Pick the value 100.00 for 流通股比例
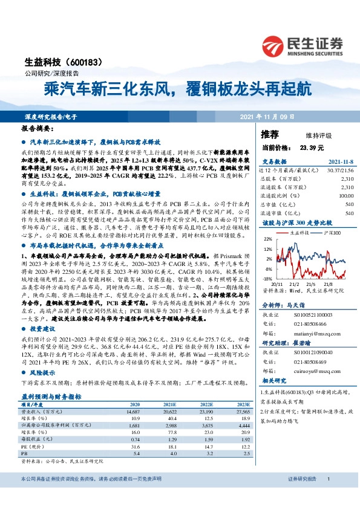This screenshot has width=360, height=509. pyautogui.click(x=345, y=196)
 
